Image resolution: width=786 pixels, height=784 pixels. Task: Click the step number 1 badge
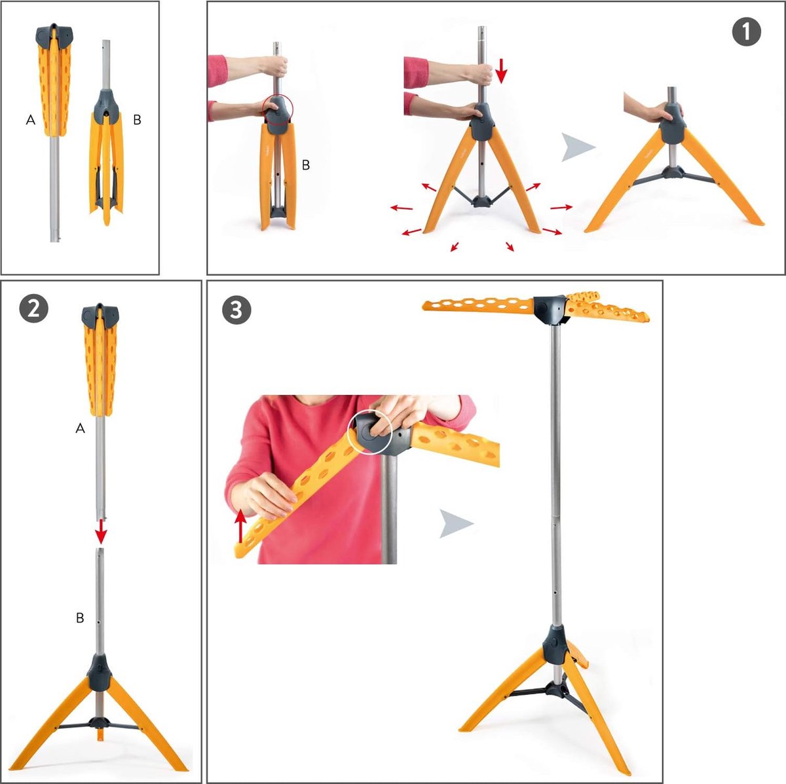pos(747,31)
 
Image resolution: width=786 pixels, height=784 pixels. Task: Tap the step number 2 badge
pos(33,309)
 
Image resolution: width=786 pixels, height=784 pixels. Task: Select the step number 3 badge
pos(236,310)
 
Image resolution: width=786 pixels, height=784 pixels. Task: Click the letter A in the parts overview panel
pos(31,120)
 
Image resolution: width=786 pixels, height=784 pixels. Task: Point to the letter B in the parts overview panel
pos(138,120)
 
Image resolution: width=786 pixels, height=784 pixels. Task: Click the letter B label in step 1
pos(305,165)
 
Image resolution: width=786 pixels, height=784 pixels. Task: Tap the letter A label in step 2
pos(81,428)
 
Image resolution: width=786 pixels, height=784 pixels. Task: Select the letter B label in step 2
pos(80,618)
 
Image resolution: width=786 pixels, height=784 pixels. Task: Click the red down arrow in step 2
pos(101,533)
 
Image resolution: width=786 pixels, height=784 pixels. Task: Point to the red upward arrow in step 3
pos(240,527)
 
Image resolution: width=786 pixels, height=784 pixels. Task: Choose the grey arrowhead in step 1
pos(578,147)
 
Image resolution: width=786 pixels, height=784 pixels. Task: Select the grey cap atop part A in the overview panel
pos(54,35)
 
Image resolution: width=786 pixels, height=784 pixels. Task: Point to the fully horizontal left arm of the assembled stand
pos(478,305)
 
